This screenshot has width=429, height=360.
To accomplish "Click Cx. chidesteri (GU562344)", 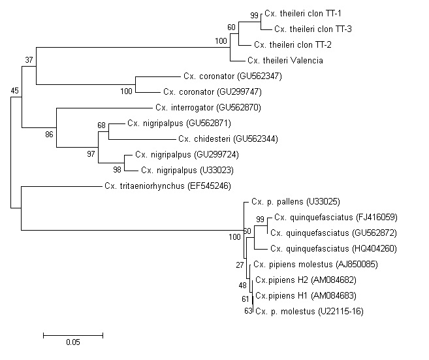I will pyautogui.click(x=223, y=139).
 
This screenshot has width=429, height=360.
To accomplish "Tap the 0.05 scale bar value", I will pyautogui.click(x=72, y=342).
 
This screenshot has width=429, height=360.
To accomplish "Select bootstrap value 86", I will pyautogui.click(x=48, y=135).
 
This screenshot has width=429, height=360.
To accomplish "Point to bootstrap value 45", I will pyautogui.click(x=15, y=91).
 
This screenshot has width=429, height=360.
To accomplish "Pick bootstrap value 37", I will pyautogui.click(x=28, y=60).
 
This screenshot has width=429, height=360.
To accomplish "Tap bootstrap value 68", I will pyautogui.click(x=101, y=124).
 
